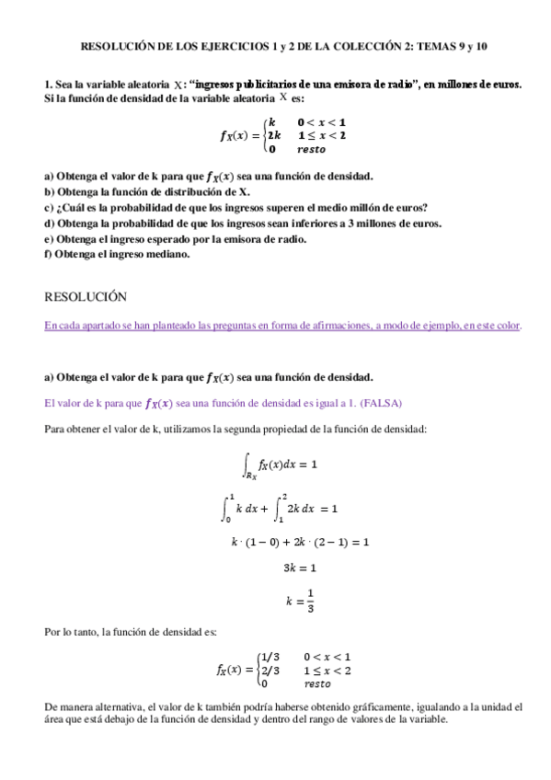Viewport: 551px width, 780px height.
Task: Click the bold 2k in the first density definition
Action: coord(275,135)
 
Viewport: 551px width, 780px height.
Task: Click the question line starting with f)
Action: coord(118,254)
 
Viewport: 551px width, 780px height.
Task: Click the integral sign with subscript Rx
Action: coord(246,465)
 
